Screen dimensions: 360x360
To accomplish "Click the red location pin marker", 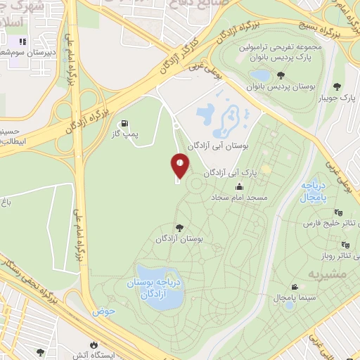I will [x=179, y=166].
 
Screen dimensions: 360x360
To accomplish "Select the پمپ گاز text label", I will [x=124, y=132].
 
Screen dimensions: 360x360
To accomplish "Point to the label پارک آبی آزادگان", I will [x=228, y=172].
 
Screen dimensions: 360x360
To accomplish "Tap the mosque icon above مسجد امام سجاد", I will [x=240, y=186].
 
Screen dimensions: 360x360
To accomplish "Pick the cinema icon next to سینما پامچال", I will [x=294, y=287].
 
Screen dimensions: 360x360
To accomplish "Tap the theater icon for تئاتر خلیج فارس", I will [x=339, y=212].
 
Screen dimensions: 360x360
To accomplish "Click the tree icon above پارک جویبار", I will [x=337, y=87].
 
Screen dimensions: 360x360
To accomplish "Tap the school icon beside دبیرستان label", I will [x=22, y=41].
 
